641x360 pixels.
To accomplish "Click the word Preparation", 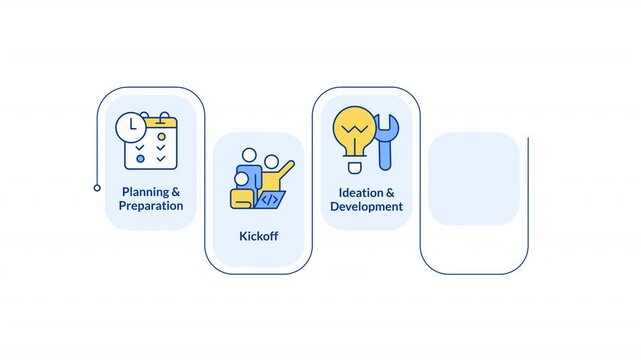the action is tap(151, 206).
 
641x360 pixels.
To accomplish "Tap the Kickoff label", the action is tap(258, 237).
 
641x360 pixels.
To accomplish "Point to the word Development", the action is tap(367, 207).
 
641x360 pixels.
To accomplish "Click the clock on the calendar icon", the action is tap(130, 128).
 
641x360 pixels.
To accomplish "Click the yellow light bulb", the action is tap(354, 129).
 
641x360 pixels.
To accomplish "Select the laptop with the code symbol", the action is tap(268, 199).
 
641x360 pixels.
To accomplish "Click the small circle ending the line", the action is tap(97, 187).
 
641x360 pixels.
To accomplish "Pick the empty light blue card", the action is tap(473, 179).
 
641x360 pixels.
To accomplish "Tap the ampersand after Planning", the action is tap(176, 191).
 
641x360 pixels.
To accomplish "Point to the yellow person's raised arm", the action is tap(287, 167).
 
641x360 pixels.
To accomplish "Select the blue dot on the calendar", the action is tap(141, 158).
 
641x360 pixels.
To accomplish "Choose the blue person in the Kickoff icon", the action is tap(250, 170).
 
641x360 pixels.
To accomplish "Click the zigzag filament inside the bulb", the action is tap(354, 127).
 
